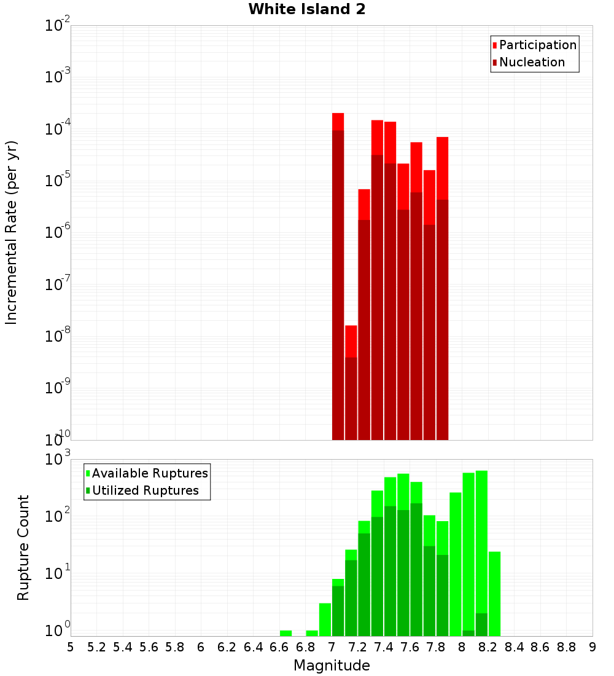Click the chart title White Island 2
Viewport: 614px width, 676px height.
[x=307, y=10]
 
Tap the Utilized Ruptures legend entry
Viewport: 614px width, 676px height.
[x=145, y=490]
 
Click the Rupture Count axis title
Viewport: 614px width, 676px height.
[x=23, y=547]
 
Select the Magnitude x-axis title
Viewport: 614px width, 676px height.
[x=332, y=666]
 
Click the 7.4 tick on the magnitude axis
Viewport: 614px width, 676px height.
[x=384, y=647]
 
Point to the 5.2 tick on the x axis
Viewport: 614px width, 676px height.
[x=96, y=647]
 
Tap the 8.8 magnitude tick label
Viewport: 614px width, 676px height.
[x=566, y=647]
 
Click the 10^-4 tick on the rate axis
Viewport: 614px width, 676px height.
[x=57, y=129]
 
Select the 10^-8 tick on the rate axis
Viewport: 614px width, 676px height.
[x=57, y=336]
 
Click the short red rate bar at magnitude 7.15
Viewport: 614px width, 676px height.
[x=351, y=381]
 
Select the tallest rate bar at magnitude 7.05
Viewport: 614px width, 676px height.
[x=338, y=277]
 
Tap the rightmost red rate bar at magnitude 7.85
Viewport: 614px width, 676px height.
[x=443, y=289]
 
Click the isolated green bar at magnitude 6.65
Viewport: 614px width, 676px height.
[x=286, y=633]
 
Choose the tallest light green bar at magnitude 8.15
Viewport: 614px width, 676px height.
[x=482, y=541]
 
